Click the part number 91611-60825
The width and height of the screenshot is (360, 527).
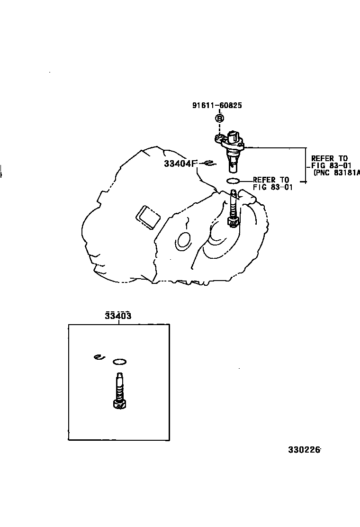coord(217,106)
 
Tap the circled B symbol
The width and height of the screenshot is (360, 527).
coord(220,118)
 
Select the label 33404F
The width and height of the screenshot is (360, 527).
coord(180,164)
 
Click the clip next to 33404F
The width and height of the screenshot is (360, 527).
coord(208,164)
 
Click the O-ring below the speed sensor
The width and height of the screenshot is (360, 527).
coord(233,181)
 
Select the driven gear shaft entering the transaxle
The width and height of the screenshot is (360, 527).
coord(233,204)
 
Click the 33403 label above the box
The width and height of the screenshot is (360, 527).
coord(118,316)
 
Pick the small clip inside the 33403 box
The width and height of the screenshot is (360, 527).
coord(98,357)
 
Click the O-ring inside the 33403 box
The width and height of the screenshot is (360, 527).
coord(120,362)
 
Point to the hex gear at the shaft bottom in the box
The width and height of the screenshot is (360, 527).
coord(120,404)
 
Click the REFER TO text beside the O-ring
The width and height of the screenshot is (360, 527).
coord(271,180)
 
